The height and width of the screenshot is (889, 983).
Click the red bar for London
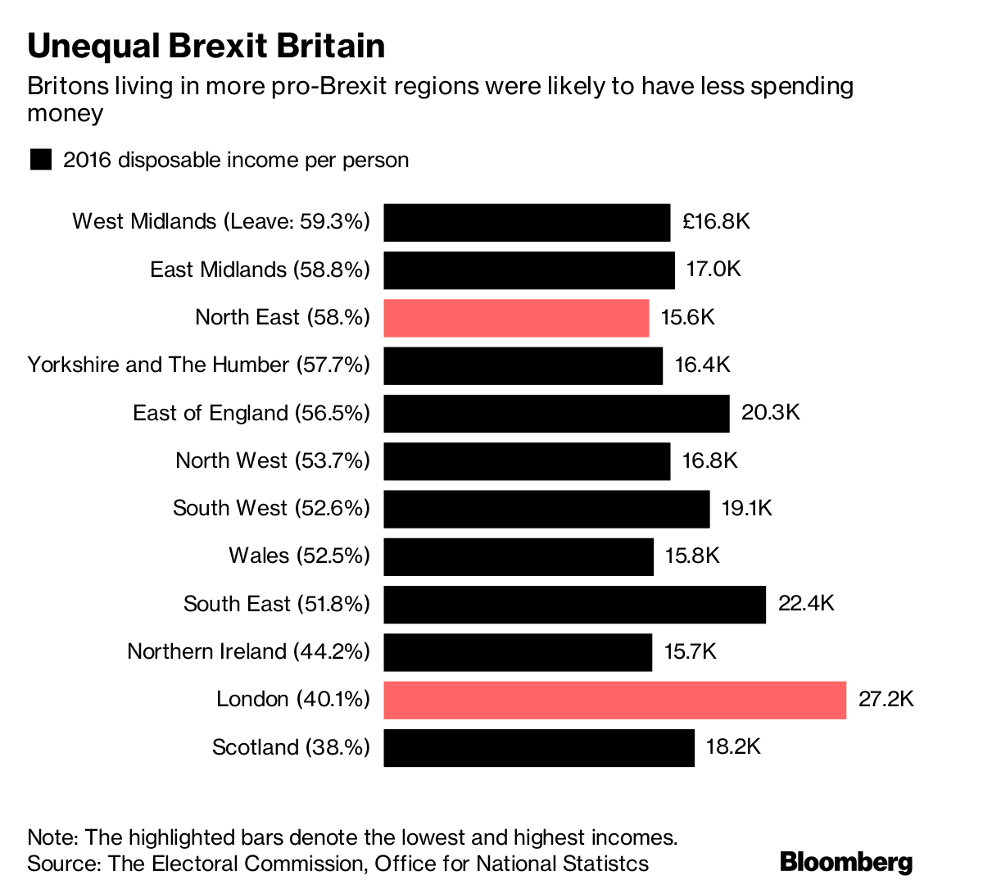[614, 700]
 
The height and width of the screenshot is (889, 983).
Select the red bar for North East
[516, 317]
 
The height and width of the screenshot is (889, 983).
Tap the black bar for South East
[574, 604]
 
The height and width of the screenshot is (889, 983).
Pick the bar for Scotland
[538, 747]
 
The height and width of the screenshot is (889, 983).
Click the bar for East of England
[556, 413]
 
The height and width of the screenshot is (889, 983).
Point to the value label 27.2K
[886, 700]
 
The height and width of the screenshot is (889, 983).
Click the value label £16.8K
[715, 222]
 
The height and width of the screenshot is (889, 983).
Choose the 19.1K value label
[747, 508]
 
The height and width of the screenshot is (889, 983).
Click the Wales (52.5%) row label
[299, 556]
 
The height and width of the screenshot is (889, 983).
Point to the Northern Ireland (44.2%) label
[248, 651]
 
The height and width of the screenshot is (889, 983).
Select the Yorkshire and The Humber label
[198, 365]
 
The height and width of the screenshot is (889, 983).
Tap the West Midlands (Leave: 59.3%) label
[220, 221]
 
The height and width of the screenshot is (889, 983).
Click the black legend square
[41, 160]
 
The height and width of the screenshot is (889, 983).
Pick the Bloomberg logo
[846, 862]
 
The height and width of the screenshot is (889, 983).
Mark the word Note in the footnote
[51, 837]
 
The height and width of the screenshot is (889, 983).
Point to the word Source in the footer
[61, 863]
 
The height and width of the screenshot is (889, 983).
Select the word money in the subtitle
[65, 112]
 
